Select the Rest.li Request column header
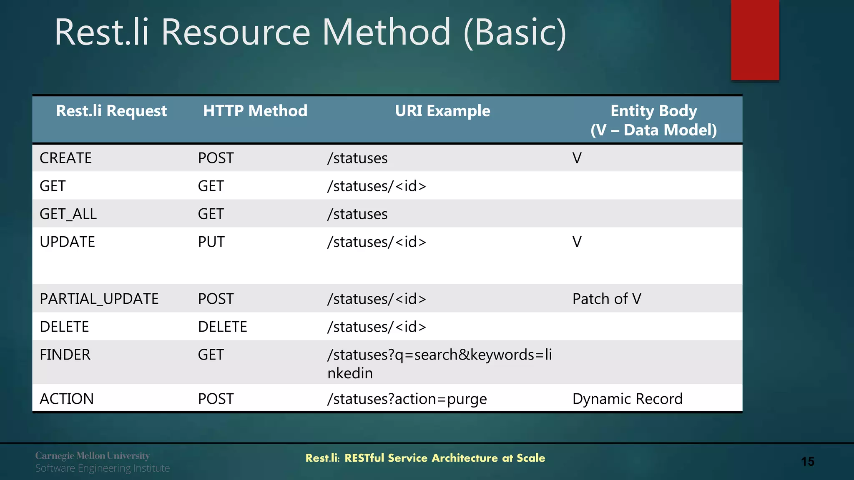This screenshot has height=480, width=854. (111, 111)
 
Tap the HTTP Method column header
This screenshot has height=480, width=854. (255, 111)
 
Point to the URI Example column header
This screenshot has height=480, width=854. (442, 111)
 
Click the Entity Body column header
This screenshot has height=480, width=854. (653, 120)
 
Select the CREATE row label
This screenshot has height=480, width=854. (65, 158)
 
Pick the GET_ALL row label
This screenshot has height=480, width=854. (68, 214)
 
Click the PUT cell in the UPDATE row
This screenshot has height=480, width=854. (211, 242)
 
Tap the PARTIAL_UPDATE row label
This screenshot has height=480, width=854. (99, 299)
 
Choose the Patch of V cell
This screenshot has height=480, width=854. (606, 299)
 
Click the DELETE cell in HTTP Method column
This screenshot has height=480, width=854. (222, 327)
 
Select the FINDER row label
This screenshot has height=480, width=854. (65, 355)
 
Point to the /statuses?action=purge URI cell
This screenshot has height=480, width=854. (407, 399)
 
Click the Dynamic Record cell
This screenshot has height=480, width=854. (627, 399)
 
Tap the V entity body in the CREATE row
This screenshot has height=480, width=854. (577, 158)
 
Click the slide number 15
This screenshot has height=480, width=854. (807, 462)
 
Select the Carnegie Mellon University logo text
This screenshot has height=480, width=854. (92, 456)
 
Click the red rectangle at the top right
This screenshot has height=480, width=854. (755, 40)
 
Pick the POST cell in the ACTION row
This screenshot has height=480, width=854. (216, 399)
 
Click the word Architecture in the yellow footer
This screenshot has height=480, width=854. (465, 458)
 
